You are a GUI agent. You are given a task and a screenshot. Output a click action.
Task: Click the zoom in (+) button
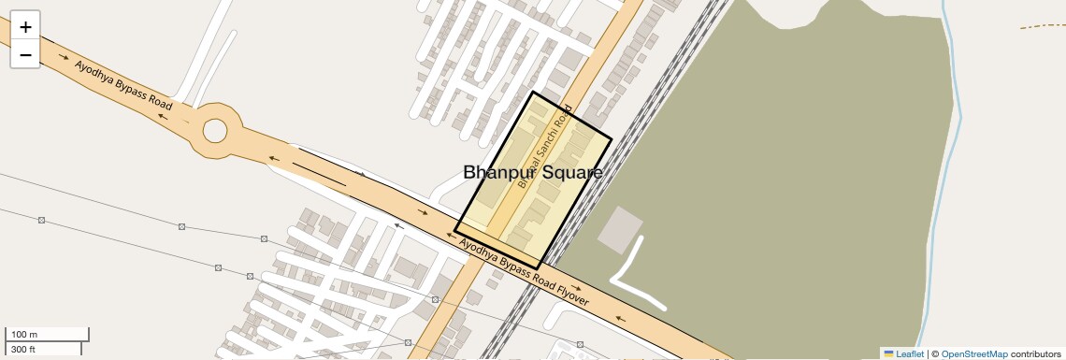pyautogui.click(x=25, y=27)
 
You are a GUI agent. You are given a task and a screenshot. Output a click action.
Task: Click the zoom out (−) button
pyautogui.click(x=25, y=55)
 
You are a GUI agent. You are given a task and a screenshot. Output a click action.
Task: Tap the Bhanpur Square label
pyautogui.click(x=532, y=173)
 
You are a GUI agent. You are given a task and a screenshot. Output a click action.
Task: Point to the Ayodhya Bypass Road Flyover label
pyautogui.click(x=524, y=271)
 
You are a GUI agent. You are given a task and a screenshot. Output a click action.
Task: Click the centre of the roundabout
pyautogui.click(x=215, y=130)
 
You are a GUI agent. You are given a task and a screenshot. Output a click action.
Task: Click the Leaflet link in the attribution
pyautogui.click(x=909, y=354)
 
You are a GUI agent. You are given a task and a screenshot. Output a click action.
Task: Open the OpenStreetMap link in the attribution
pyautogui.click(x=973, y=354)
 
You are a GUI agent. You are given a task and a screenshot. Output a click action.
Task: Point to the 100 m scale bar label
pyautogui.click(x=24, y=335)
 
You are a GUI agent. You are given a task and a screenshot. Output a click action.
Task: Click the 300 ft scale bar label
pyautogui.click(x=23, y=350)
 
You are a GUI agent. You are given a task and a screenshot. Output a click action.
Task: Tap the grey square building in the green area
pyautogui.click(x=620, y=230)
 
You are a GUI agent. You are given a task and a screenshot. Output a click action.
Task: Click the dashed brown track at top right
pyautogui.click(x=1043, y=25)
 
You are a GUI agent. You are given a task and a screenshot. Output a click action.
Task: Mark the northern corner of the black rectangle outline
pyautogui.click(x=533, y=92)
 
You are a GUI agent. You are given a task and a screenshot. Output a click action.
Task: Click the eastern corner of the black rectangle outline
pyautogui.click(x=612, y=140)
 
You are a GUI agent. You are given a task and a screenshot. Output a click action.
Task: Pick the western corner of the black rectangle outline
pyautogui.click(x=455, y=230)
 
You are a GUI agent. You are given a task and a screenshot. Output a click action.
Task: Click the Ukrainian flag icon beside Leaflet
pyautogui.click(x=888, y=354)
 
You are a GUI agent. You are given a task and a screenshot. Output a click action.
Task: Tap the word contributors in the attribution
pyautogui.click(x=1035, y=354)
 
